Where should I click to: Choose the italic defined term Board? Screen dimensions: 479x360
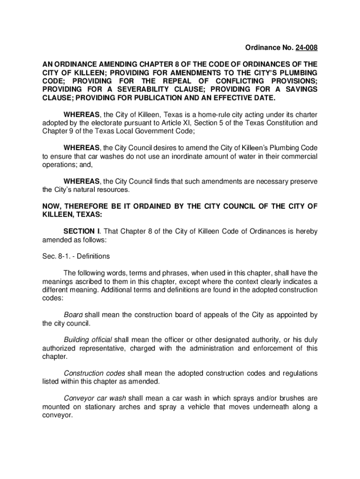tap(73, 315)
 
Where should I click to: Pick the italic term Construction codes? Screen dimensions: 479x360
tap(94, 373)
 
